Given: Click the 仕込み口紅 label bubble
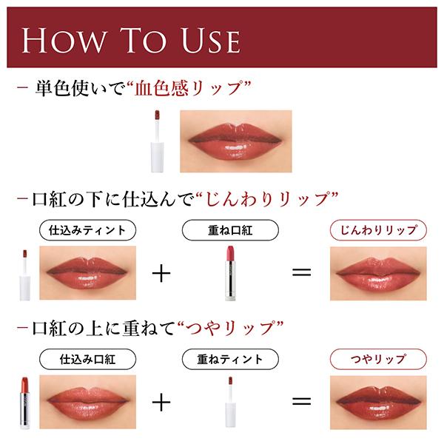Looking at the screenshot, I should pyautogui.click(x=87, y=359).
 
